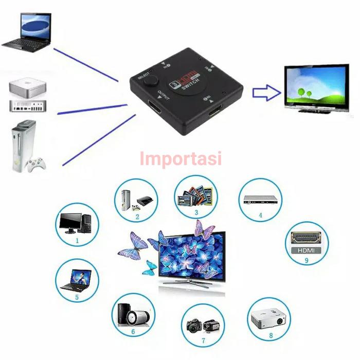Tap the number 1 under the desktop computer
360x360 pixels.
point(77,240)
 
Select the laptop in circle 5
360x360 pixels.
point(76,281)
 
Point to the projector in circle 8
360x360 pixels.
point(267,319)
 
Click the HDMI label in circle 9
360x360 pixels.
point(305,251)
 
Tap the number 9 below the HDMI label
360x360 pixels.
point(306,261)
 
